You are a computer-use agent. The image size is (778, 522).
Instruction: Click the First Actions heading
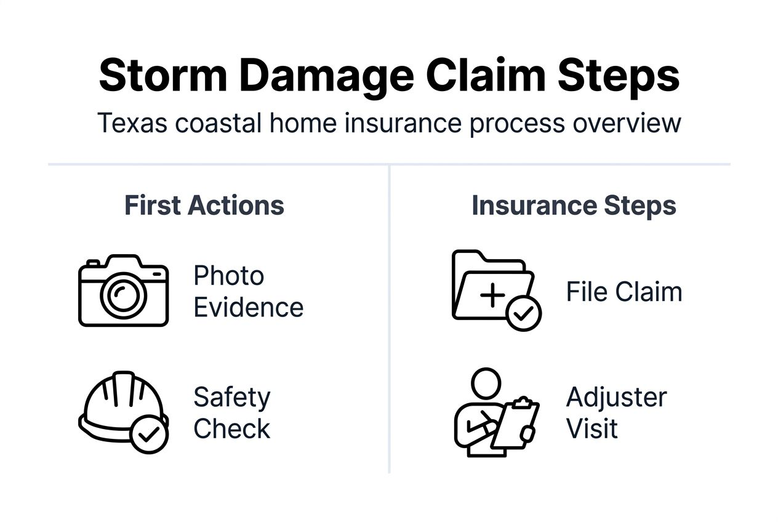(x=204, y=206)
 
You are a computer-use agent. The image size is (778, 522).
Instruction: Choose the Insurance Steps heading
(x=574, y=206)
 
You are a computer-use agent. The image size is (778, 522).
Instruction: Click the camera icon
(x=123, y=291)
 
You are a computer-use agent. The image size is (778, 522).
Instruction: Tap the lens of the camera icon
(x=123, y=294)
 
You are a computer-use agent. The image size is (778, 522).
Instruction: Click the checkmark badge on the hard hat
(x=149, y=435)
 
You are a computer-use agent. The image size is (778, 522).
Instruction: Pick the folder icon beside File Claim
(x=489, y=286)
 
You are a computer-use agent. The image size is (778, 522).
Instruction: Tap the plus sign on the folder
(x=492, y=295)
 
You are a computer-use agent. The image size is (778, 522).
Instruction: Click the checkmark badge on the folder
(x=523, y=315)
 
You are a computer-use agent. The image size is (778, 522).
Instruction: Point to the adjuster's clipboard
(x=516, y=424)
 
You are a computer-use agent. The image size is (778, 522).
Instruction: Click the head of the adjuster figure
(x=486, y=383)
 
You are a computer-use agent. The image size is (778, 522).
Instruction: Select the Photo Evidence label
(x=248, y=291)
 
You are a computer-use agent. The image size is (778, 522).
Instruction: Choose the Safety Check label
(x=232, y=413)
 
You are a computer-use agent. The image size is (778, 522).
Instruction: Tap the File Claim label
(x=624, y=292)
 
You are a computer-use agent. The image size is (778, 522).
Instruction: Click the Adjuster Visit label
(x=616, y=413)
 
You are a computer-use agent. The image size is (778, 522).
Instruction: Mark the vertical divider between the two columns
(x=390, y=320)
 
